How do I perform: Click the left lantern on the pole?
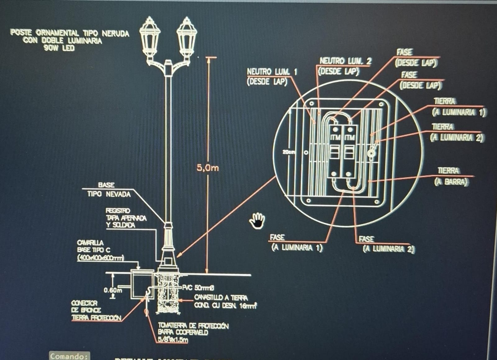(150, 37)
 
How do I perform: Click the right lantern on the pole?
(187, 37)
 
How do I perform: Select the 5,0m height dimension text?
(207, 168)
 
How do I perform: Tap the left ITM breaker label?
(335, 137)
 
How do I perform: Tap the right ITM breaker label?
(349, 137)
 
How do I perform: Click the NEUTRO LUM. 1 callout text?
(272, 72)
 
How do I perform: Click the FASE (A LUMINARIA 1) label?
(297, 243)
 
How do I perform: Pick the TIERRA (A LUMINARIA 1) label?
(458, 107)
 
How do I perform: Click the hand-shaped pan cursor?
(257, 220)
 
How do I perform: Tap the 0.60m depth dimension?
(113, 290)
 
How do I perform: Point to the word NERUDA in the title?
(115, 33)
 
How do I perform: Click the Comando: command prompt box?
(69, 356)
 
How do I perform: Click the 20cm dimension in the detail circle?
(289, 152)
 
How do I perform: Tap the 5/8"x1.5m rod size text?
(173, 339)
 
